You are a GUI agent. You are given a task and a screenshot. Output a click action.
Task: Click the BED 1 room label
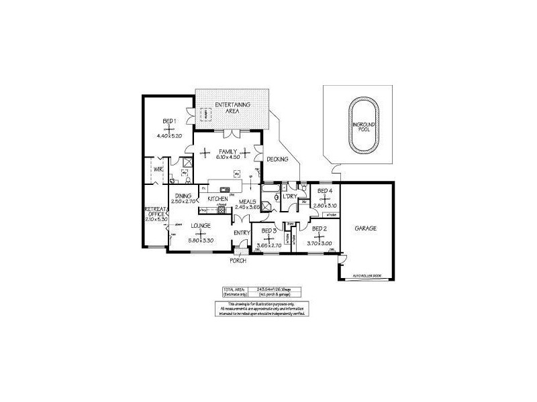coord(168,121)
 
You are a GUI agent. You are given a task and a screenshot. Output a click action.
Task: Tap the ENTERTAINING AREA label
coord(232,107)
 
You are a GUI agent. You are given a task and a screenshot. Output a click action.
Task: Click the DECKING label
coord(277,159)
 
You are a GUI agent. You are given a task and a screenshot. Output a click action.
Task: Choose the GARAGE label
coord(366,228)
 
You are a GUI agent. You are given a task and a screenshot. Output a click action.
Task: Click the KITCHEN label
coord(217,200)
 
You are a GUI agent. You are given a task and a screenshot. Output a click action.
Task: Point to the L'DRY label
coord(291,196)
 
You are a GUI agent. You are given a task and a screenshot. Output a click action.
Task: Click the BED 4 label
coord(325,191)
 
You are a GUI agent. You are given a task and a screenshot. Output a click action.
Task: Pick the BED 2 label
coord(320,228)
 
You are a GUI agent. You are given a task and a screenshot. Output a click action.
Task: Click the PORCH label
coord(238,260)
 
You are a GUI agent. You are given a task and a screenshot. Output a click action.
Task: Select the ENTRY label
coord(242,232)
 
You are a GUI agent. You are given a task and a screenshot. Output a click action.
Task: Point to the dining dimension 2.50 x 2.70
coord(182,201)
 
